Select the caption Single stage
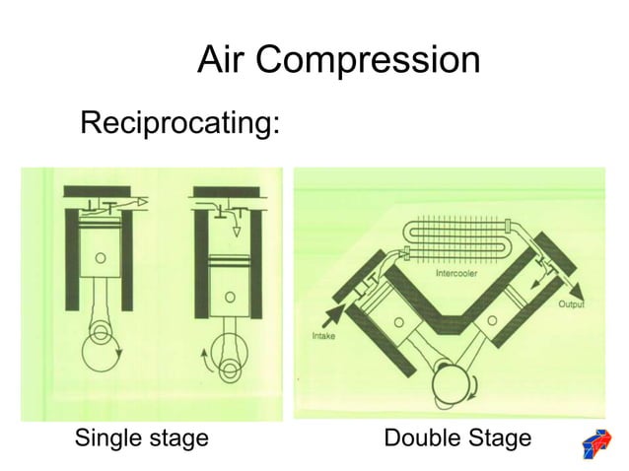coord(142,437)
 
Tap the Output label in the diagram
coord(573,305)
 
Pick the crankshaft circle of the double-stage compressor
coord(449,378)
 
